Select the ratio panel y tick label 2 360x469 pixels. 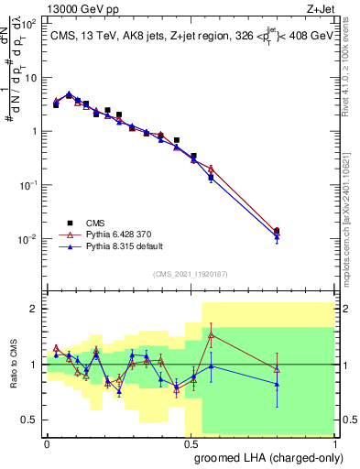[x=34, y=309]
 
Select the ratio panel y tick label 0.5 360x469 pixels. [x=30, y=420]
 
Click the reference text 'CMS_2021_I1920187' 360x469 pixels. [x=191, y=273]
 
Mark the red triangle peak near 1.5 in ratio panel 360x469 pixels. [x=212, y=335]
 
